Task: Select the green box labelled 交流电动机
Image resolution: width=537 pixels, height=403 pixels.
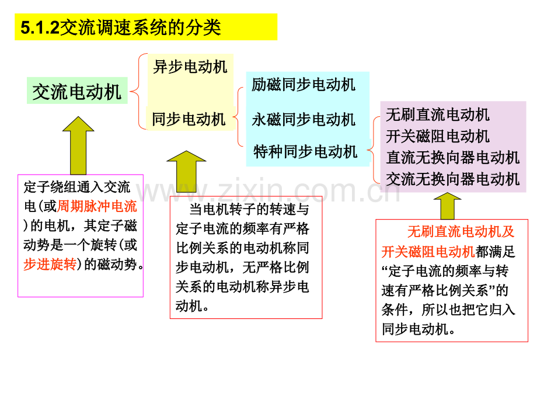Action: pos(77,91)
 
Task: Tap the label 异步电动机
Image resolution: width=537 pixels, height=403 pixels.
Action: pos(190,67)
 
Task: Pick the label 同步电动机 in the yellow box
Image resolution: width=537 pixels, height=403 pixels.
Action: pos(189,119)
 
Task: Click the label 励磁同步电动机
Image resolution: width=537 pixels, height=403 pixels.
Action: pos(304,85)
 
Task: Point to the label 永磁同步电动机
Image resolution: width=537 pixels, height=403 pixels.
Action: pos(304,120)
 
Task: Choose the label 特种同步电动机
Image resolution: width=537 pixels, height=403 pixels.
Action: pos(305,151)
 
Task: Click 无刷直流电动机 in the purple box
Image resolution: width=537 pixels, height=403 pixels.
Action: pos(438,114)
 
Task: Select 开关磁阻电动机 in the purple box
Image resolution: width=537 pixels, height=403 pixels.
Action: pos(438,136)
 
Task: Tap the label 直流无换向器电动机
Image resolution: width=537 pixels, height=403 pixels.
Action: pos(453,158)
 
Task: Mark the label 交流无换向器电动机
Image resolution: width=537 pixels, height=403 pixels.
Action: pos(453,179)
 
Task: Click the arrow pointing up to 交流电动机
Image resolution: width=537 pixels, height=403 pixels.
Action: pos(78,145)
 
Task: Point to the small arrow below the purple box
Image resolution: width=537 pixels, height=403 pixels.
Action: pos(447,206)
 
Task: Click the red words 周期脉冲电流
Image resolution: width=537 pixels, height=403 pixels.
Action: pos(97,206)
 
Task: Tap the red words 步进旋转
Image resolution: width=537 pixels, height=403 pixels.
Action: pos(50,264)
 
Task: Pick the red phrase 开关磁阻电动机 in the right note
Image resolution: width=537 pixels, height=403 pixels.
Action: pos(428,252)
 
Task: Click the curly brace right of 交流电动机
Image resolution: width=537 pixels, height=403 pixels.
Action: pos(138,91)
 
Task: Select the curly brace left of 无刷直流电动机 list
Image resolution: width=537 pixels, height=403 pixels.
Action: pos(374,150)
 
